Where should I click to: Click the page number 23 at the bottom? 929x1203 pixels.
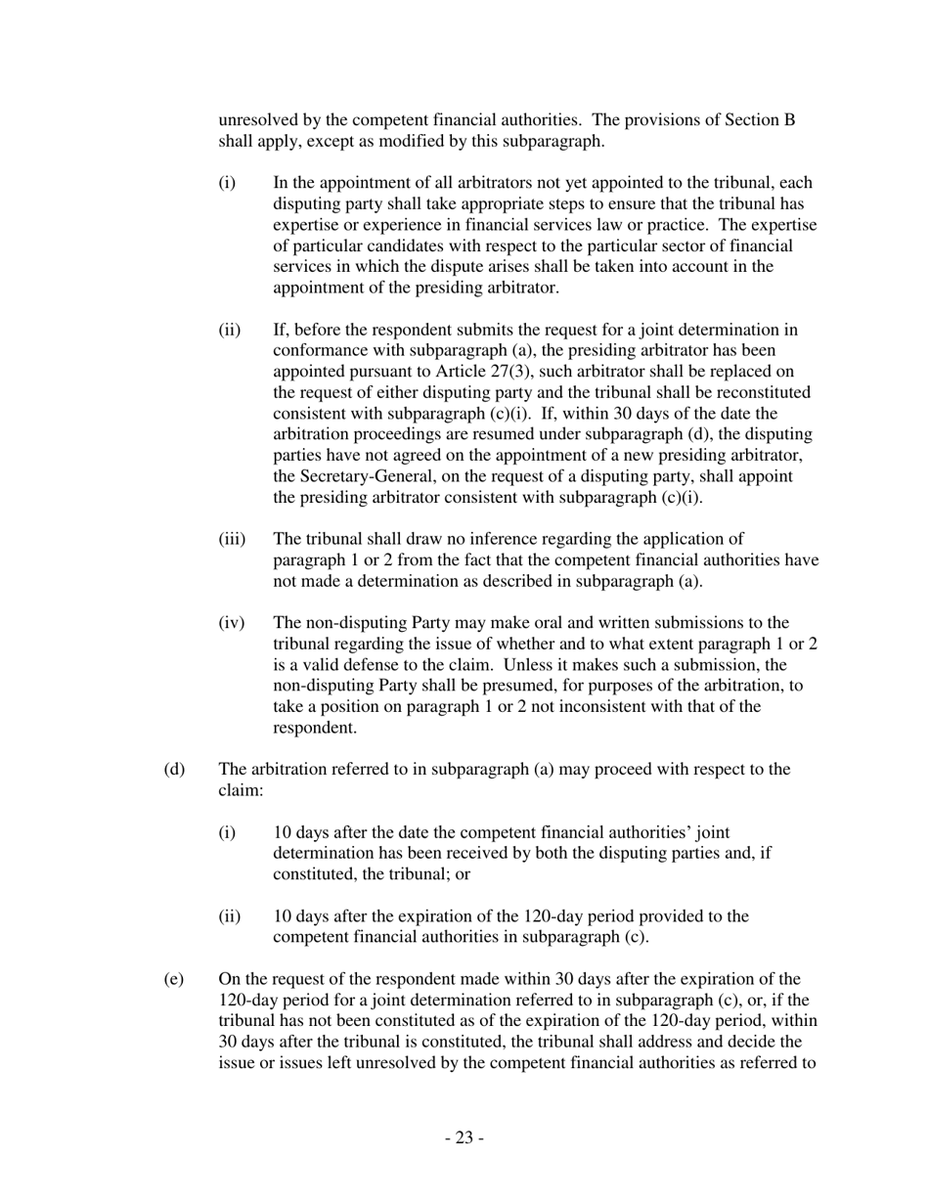click(x=464, y=1137)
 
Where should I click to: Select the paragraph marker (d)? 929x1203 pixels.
click(x=174, y=769)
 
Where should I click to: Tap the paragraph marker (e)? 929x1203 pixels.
click(x=174, y=979)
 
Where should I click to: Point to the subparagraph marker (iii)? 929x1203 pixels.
click(x=232, y=539)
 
